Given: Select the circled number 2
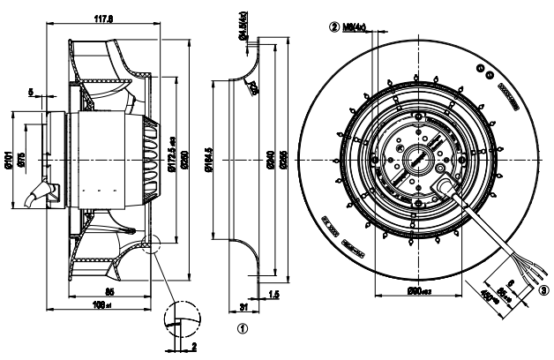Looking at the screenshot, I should click(x=334, y=26).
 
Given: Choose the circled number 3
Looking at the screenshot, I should click(x=543, y=289).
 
